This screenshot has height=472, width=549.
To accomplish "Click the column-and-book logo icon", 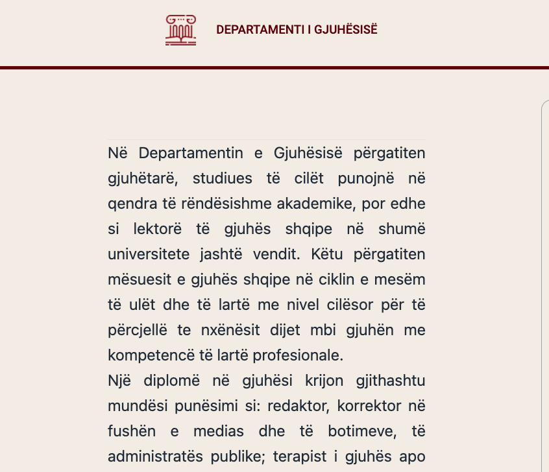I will [180, 30].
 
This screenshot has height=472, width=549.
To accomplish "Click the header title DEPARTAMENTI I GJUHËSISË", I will [297, 30].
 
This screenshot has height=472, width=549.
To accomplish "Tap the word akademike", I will [310, 204].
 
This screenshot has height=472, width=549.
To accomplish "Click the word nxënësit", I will [228, 330].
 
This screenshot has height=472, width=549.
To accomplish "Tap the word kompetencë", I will [147, 355].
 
